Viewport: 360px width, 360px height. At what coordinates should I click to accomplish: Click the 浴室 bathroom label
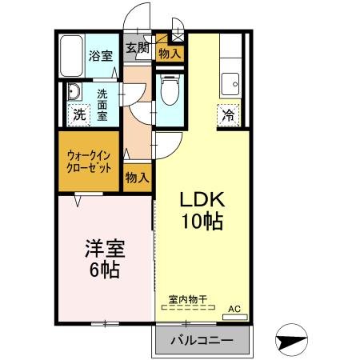pos(100,55)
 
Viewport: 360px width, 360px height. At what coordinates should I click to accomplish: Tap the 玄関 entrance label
pos(138,47)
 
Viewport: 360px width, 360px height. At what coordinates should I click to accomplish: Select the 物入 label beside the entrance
pos(169,54)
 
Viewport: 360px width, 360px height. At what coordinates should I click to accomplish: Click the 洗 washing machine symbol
pos(78,113)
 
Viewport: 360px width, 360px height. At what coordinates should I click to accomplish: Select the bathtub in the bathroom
pos(72,54)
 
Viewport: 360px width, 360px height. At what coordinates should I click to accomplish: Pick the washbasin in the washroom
pos(74,90)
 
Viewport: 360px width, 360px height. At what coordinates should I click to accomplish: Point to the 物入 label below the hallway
pos(137,177)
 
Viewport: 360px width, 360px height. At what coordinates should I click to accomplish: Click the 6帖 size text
pos(105,270)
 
